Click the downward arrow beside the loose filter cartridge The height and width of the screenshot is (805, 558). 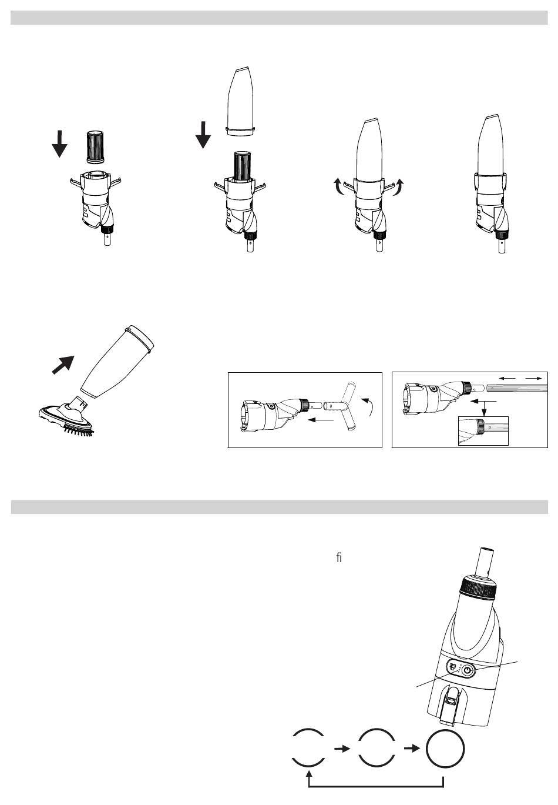[59, 144]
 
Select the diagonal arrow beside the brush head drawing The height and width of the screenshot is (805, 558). [63, 365]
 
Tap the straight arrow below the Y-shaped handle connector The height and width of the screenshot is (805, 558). [321, 420]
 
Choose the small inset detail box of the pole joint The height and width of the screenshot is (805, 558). [483, 430]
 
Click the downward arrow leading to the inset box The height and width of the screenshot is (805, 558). [485, 408]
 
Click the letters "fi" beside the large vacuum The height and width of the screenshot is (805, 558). [339, 558]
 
